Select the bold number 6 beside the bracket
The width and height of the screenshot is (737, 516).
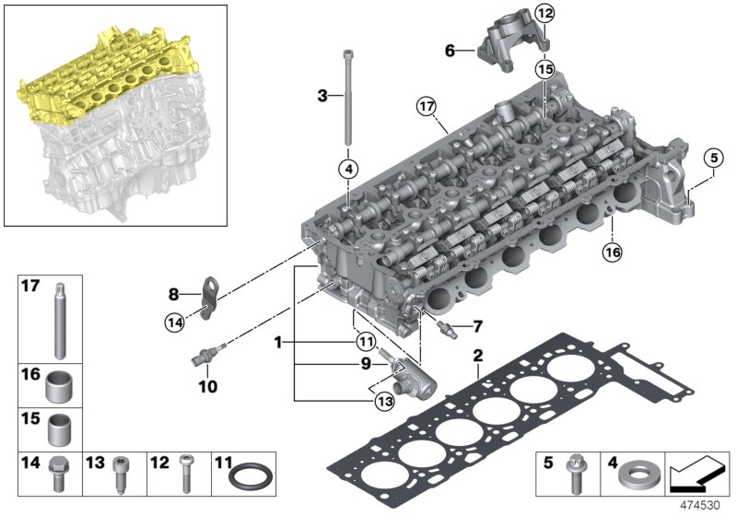450,51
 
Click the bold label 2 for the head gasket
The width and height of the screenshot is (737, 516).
477,356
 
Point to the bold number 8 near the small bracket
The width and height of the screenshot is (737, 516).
173,296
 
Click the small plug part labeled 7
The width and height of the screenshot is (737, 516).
447,327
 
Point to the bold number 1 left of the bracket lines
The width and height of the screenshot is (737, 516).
275,342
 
